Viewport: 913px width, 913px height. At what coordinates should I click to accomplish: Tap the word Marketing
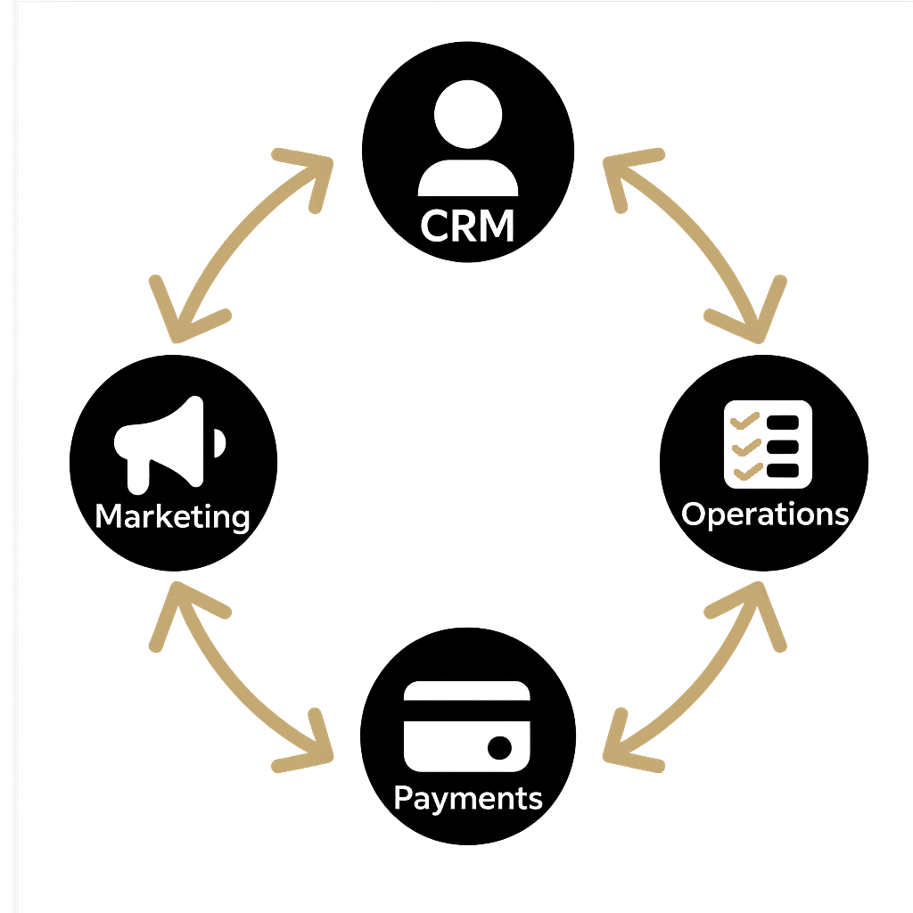click(x=172, y=516)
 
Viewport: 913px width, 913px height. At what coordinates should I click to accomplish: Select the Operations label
click(x=764, y=514)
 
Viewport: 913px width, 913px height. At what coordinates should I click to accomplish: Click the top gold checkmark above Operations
click(x=745, y=420)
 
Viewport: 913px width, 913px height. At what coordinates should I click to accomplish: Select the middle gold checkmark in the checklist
click(x=745, y=445)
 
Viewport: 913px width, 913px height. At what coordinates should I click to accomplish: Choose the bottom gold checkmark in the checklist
click(x=745, y=469)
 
